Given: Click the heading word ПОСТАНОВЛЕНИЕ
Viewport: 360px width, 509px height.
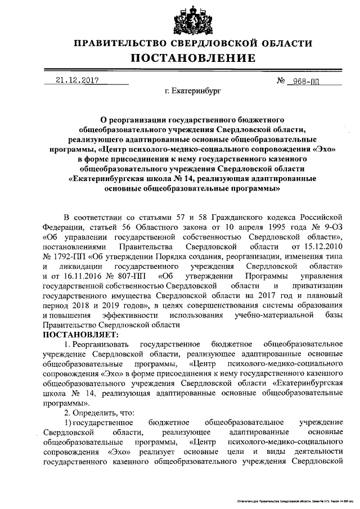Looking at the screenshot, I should [193, 58].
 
